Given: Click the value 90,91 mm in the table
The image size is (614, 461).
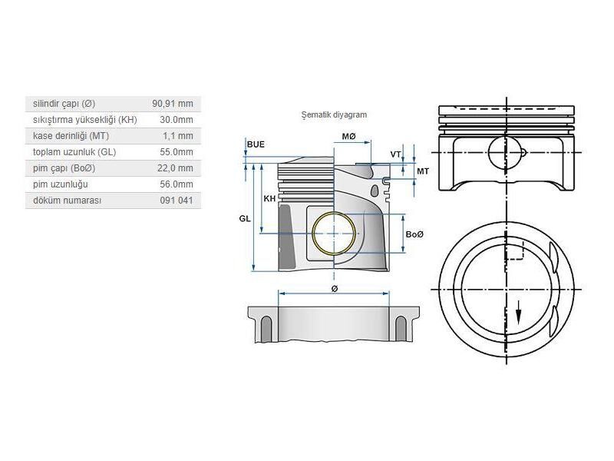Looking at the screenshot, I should click(173, 104).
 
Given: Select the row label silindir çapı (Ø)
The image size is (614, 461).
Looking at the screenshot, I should click(64, 104).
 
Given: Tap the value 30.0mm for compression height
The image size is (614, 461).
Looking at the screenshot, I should click(177, 120).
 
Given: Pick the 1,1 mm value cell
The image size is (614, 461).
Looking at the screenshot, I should click(178, 136).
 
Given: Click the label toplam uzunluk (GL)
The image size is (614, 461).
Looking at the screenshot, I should click(74, 152).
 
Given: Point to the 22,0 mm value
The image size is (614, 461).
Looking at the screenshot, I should click(175, 168).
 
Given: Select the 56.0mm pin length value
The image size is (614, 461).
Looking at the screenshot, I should click(177, 184).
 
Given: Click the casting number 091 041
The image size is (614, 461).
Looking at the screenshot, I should click(177, 201).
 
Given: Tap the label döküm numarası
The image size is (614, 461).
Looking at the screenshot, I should click(68, 201).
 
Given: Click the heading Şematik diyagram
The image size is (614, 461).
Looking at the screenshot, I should click(334, 114).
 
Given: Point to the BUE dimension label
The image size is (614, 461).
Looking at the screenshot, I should click(256, 144).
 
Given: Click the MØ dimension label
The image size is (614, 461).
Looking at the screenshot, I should click(349, 137).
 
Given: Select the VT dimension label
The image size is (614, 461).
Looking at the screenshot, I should click(395, 154).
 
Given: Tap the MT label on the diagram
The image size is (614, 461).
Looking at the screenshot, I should click(423, 171).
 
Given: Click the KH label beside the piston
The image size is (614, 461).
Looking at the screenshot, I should click(269, 198).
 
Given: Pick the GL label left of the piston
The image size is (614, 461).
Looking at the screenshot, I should click(245, 219).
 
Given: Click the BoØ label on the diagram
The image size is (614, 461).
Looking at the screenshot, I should click(415, 234).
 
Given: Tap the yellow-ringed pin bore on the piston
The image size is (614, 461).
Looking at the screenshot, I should click(334, 233).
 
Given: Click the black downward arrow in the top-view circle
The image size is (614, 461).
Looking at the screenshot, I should click(519, 313).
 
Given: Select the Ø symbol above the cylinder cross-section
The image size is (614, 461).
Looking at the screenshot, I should click(334, 289).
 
